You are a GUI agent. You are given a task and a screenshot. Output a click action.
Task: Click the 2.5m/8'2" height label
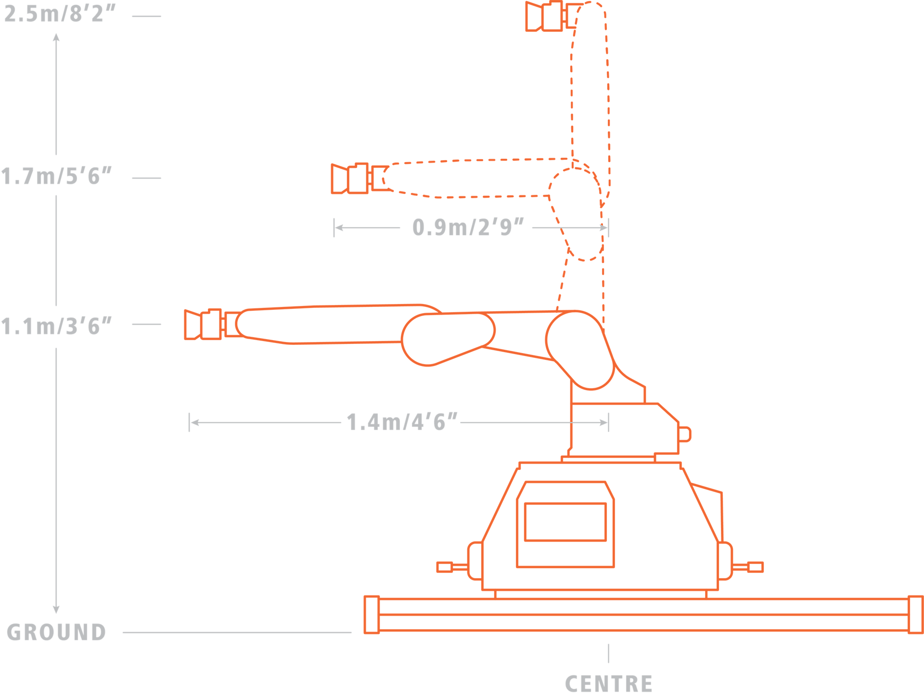click(x=60, y=14)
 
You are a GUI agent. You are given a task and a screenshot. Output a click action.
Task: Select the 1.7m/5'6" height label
click(x=57, y=176)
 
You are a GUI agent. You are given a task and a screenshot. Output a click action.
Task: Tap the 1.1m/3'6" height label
click(x=57, y=326)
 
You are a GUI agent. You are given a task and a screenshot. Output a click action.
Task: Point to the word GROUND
click(x=56, y=632)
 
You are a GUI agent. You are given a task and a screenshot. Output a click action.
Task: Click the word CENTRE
click(x=608, y=683)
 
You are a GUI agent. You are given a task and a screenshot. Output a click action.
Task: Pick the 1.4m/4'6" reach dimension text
click(x=402, y=422)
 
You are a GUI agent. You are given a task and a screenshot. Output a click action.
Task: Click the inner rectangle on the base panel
click(x=565, y=522)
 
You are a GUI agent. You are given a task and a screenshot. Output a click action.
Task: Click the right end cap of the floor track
click(x=916, y=615)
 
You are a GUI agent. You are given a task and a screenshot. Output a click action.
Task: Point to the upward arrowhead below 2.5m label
click(x=56, y=38)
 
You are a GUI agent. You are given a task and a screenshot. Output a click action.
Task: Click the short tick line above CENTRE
click(x=608, y=653)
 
